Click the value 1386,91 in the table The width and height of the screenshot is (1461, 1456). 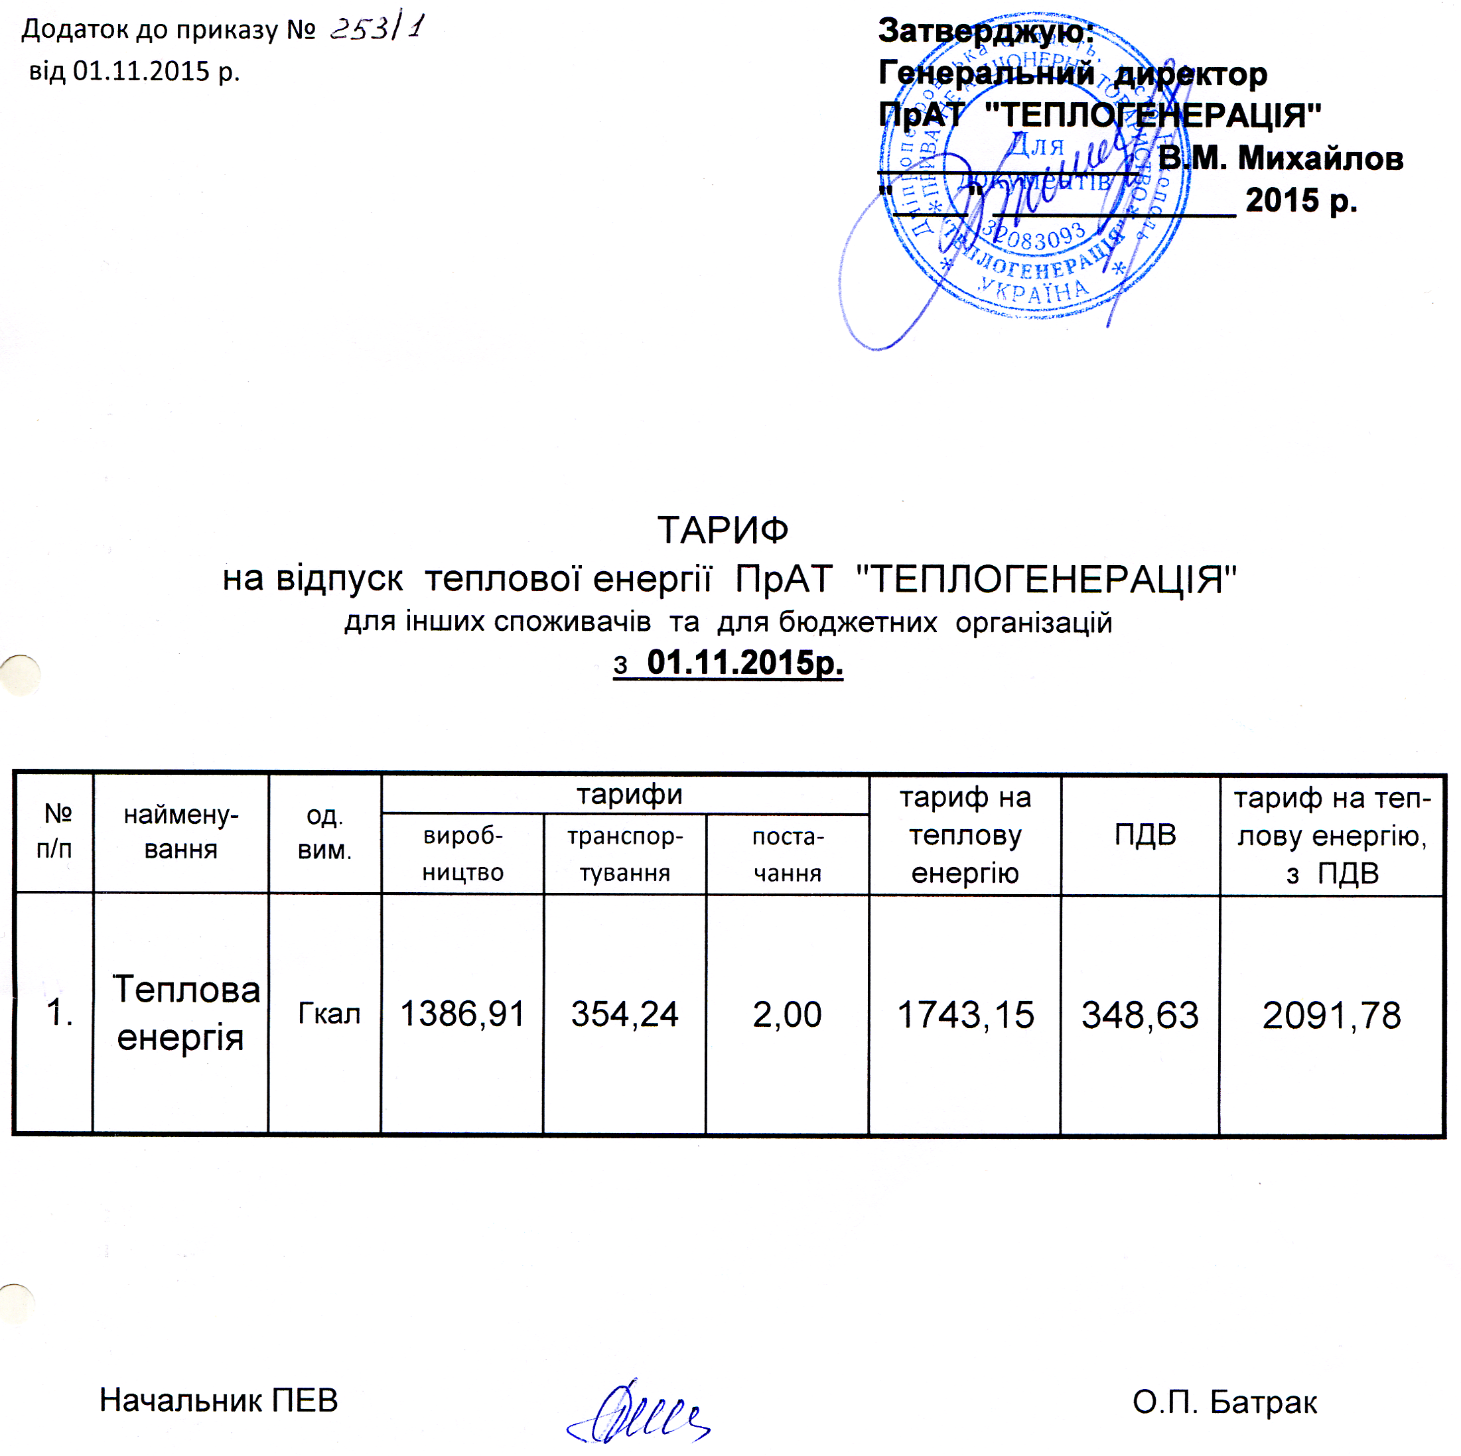[462, 1014]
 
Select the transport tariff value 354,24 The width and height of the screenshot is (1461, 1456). [624, 1014]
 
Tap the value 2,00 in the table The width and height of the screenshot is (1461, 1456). [786, 1014]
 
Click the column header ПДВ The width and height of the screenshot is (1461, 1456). [1145, 834]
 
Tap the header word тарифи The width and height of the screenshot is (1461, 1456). [629, 795]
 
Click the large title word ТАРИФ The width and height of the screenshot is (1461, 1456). [723, 531]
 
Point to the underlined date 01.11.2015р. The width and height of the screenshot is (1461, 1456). [744, 663]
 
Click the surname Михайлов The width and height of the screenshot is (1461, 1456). [1320, 159]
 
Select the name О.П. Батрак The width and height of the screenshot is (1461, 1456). [1224, 1402]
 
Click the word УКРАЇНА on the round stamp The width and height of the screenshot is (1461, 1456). [1034, 289]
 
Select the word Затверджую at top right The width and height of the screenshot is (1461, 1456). [985, 31]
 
